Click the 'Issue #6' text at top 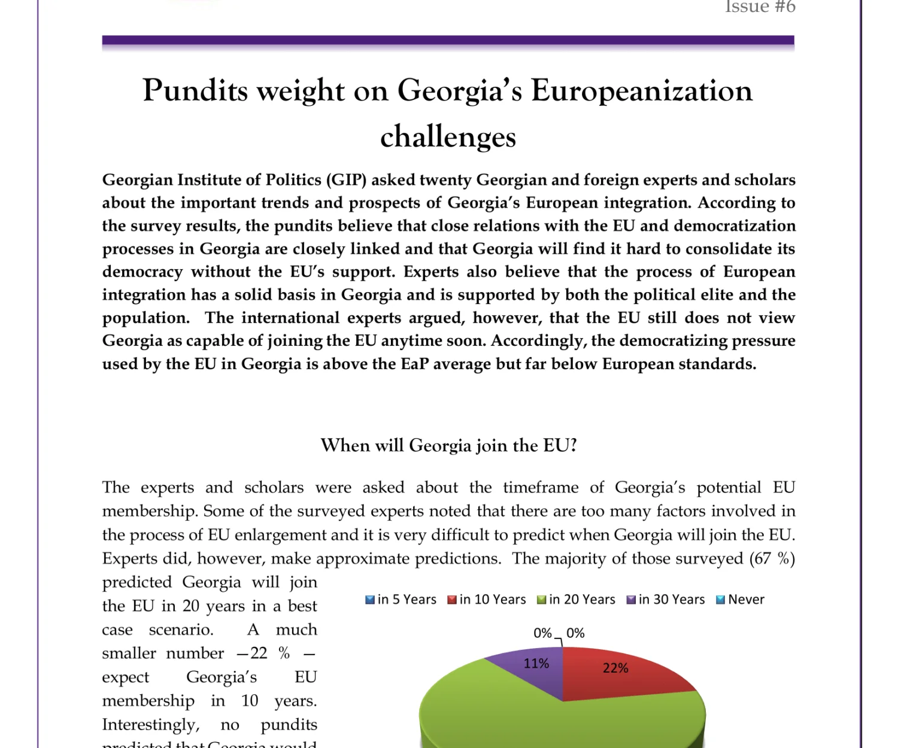click(x=760, y=7)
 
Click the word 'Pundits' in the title click(x=195, y=91)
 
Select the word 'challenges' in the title click(x=448, y=137)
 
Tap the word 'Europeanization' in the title click(x=641, y=91)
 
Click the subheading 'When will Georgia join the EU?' click(x=448, y=446)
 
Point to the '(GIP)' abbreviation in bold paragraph click(x=346, y=180)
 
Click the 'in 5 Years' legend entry click(x=401, y=600)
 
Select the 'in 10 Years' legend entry click(x=487, y=600)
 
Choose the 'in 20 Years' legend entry click(x=576, y=600)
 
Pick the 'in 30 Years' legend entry click(x=666, y=600)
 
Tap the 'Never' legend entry click(x=741, y=600)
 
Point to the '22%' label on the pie click(x=615, y=668)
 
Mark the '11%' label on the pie click(x=536, y=664)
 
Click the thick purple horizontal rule click(x=448, y=41)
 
